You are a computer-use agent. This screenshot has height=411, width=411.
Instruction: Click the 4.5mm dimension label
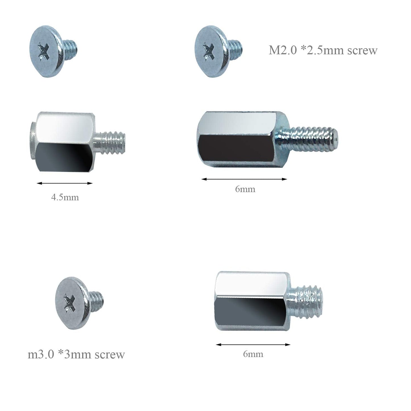pyautogui.click(x=65, y=197)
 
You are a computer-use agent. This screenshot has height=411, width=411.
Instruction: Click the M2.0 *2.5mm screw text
pyautogui.click(x=323, y=50)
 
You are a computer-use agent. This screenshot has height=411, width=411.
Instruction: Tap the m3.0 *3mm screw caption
pyautogui.click(x=76, y=354)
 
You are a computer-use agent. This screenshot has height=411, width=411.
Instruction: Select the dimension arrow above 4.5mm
pyautogui.click(x=65, y=183)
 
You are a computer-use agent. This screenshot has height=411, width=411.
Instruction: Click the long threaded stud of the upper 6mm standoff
pyautogui.click(x=311, y=139)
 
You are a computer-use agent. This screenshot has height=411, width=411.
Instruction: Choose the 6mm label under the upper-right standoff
pyautogui.click(x=245, y=189)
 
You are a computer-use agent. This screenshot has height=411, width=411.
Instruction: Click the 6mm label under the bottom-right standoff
pyautogui.click(x=253, y=354)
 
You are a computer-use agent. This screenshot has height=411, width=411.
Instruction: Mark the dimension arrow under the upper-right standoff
pyautogui.click(x=244, y=179)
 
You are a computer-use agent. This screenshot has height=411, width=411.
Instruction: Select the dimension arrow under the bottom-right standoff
pyautogui.click(x=253, y=345)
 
